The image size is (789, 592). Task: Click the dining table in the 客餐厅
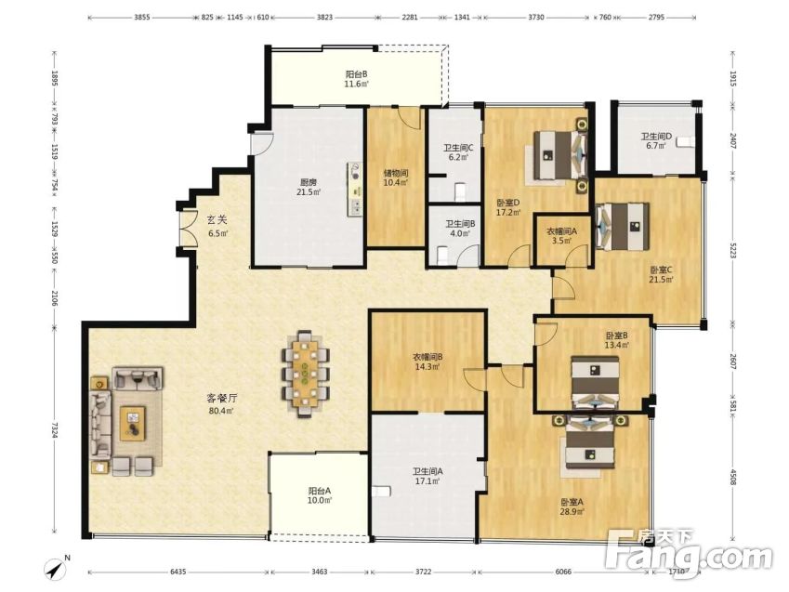point(305,374)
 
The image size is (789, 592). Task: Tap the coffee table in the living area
point(132,424)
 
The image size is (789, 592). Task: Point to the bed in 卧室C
point(622,227)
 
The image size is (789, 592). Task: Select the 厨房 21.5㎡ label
point(309,187)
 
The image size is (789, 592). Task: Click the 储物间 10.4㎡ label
point(396,178)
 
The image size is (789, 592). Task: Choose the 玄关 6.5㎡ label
point(217,226)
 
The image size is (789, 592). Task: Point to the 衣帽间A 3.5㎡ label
point(561,236)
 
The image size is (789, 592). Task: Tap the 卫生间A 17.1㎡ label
point(427,476)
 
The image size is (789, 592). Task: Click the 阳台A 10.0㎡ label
point(320,495)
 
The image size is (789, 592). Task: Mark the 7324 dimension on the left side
point(54,429)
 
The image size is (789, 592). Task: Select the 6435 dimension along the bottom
point(178,572)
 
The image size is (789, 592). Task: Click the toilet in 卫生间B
point(442,256)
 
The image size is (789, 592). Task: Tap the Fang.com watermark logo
point(689,554)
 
